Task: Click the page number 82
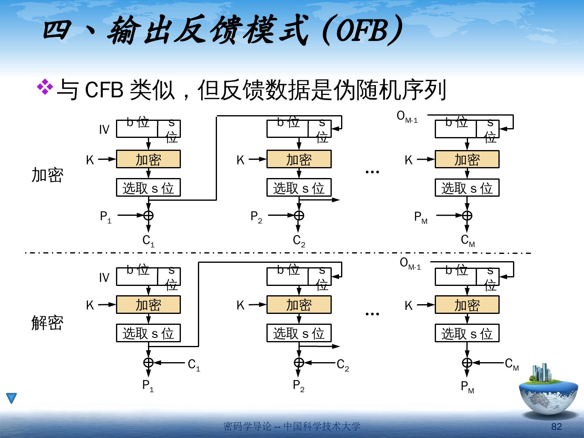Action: pyautogui.click(x=556, y=427)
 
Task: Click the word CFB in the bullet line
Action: pyautogui.click(x=104, y=90)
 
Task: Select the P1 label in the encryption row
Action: pyautogui.click(x=105, y=217)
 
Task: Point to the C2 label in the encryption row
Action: pyautogui.click(x=299, y=241)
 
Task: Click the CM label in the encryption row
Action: pyautogui.click(x=468, y=241)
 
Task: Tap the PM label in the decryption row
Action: pyautogui.click(x=467, y=387)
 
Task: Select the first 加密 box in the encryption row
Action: pyautogui.click(x=148, y=159)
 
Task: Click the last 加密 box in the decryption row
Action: pyautogui.click(x=467, y=305)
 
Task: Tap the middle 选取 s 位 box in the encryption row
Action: pyautogui.click(x=299, y=188)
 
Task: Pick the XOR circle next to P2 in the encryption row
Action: pyautogui.click(x=299, y=215)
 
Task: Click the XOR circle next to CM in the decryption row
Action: pyautogui.click(x=467, y=362)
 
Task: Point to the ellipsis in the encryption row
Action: pyautogui.click(x=372, y=172)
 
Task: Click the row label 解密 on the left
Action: pyautogui.click(x=47, y=323)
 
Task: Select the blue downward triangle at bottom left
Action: pyautogui.click(x=11, y=398)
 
